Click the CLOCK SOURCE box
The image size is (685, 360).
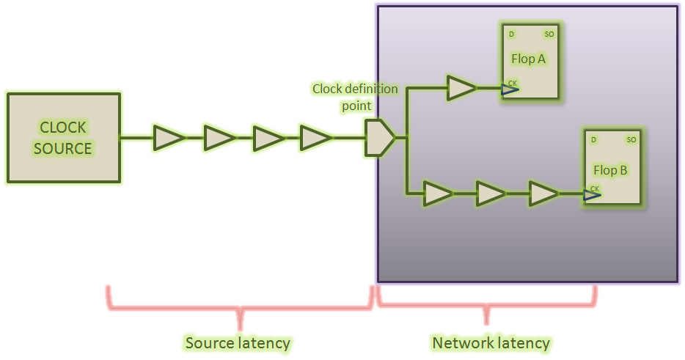(x=63, y=138)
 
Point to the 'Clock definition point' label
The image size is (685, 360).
(x=355, y=97)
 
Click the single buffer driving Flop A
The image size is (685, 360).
(x=461, y=88)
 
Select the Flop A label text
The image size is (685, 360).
(x=528, y=59)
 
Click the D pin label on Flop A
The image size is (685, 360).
(x=511, y=34)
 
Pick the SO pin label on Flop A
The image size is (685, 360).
(x=549, y=34)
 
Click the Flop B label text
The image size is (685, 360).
(x=610, y=170)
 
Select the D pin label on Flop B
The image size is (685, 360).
(x=593, y=139)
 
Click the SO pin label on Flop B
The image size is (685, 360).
(x=631, y=139)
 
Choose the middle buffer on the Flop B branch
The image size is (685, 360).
(x=491, y=194)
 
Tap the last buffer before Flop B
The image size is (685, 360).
(x=543, y=194)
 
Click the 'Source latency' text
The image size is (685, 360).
(x=238, y=343)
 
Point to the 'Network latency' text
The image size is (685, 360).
(x=490, y=343)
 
